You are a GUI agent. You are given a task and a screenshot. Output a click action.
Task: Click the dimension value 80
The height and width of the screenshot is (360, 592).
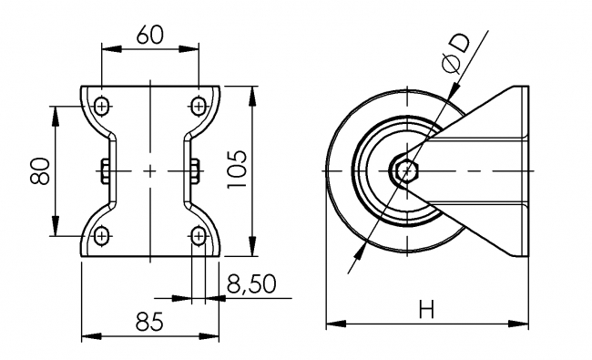click(x=39, y=170)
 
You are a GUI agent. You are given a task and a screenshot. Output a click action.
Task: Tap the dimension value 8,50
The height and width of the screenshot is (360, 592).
click(x=251, y=285)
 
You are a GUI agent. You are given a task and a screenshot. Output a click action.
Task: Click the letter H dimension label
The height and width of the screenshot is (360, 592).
click(x=425, y=310)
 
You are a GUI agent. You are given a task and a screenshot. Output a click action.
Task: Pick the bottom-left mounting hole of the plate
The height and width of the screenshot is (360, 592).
click(x=100, y=236)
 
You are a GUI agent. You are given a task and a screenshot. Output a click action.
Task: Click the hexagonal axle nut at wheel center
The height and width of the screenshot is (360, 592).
click(x=405, y=170)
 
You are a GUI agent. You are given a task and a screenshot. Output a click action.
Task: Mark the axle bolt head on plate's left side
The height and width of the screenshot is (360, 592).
click(x=105, y=170)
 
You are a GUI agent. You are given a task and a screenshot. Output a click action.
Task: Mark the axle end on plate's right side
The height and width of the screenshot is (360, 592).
click(x=195, y=170)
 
